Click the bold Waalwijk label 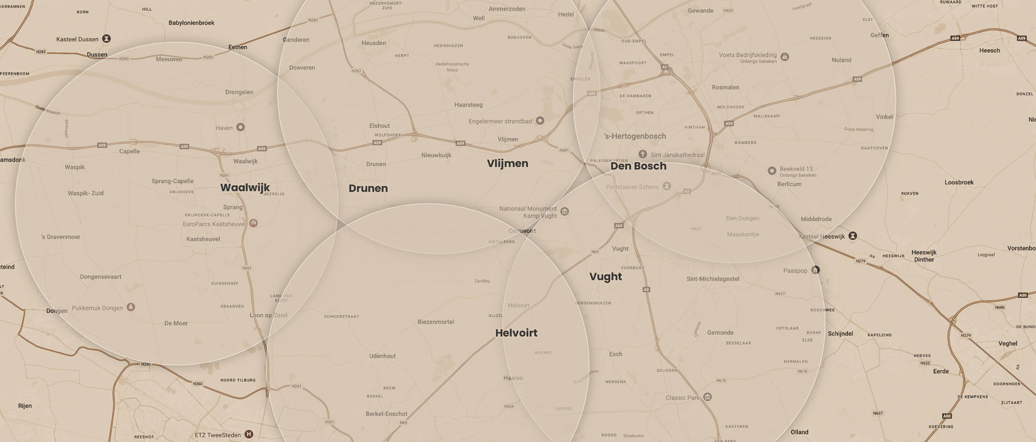click(x=245, y=187)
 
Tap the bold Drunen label click(x=368, y=188)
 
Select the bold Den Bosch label click(x=638, y=166)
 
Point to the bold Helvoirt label click(x=516, y=333)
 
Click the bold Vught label click(x=605, y=276)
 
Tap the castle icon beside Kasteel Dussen click(x=106, y=39)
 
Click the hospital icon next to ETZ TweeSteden click(x=249, y=434)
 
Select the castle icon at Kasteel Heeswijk click(x=852, y=236)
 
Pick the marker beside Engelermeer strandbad click(x=540, y=120)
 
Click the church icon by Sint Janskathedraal click(x=643, y=154)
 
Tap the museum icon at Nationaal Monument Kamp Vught click(x=565, y=211)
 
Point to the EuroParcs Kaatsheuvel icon click(x=253, y=223)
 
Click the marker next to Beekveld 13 click(x=772, y=171)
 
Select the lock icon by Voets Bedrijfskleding click(x=784, y=57)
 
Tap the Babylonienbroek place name click(x=191, y=23)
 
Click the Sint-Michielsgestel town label click(x=713, y=279)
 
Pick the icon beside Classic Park click(x=707, y=397)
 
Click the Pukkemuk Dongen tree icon click(x=131, y=307)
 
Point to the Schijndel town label click(x=840, y=333)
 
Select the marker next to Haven click(x=241, y=127)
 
